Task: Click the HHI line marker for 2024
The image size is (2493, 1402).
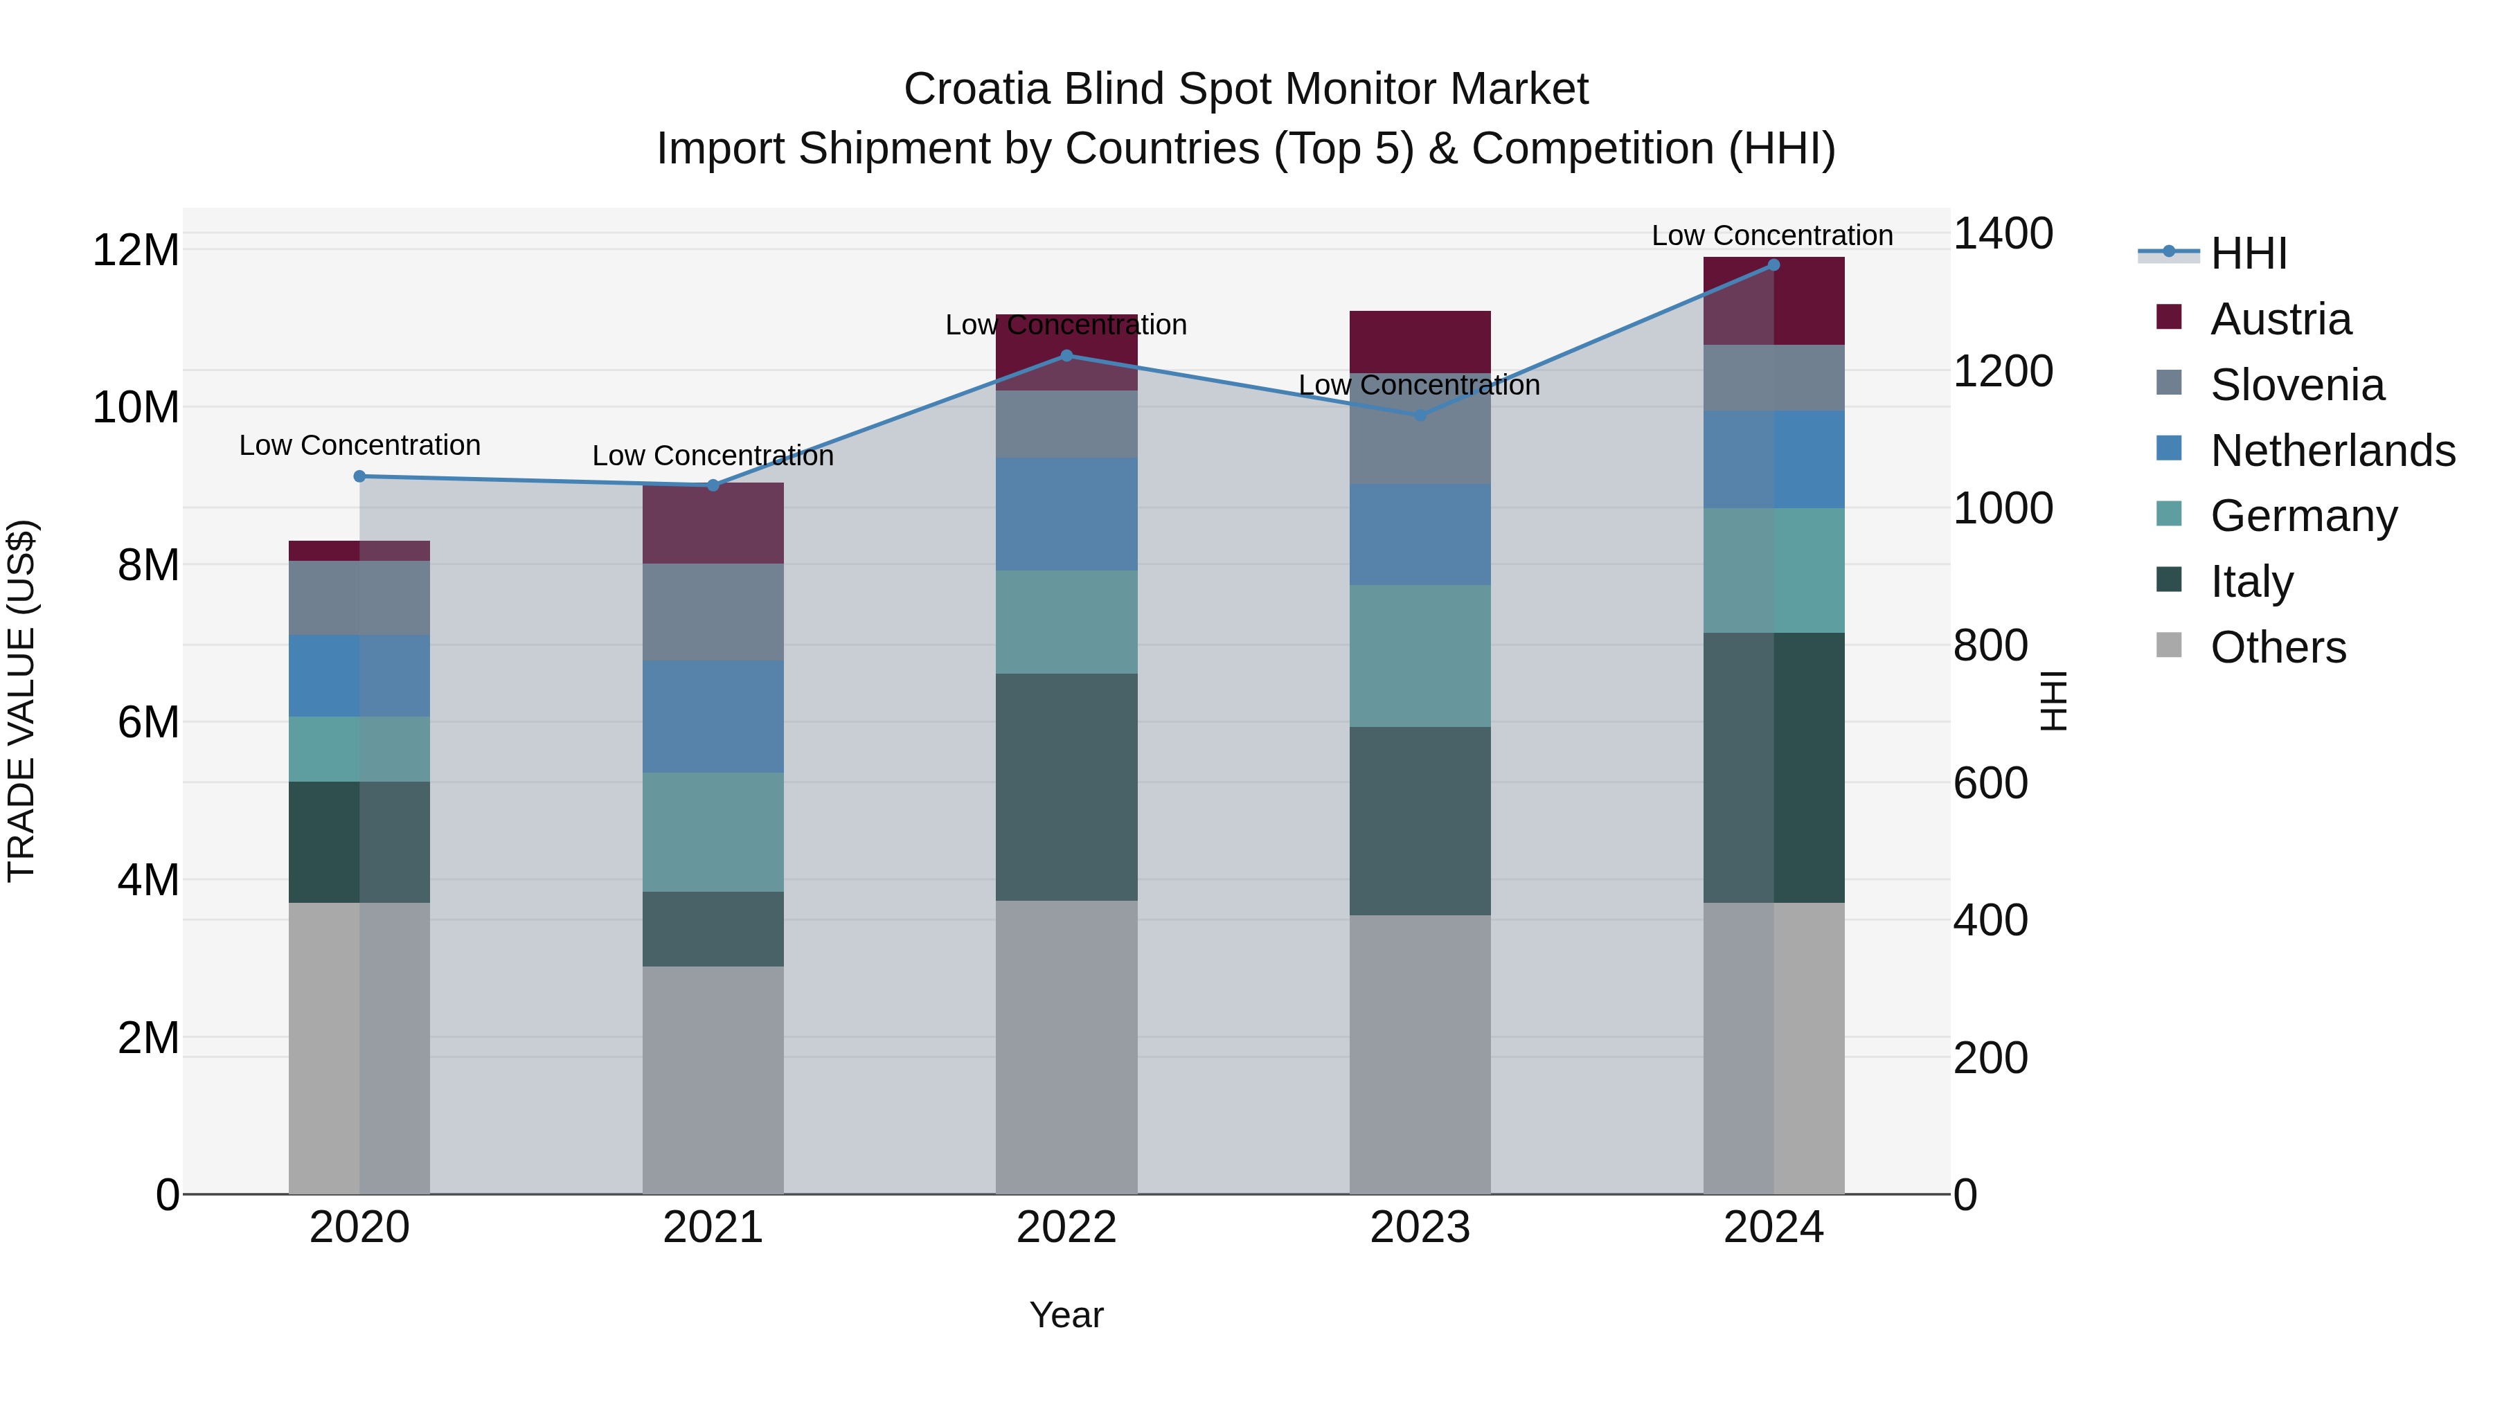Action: click(x=1773, y=265)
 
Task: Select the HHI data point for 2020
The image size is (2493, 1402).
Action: click(x=360, y=476)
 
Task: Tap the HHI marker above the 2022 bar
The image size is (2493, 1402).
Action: click(x=1066, y=355)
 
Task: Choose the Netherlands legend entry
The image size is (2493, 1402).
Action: click(x=2332, y=451)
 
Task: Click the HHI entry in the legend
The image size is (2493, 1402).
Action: click(x=2247, y=253)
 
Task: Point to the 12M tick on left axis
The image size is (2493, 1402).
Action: click(x=136, y=251)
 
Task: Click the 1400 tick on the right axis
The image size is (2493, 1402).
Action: click(x=2002, y=233)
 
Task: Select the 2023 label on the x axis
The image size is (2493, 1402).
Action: click(x=1420, y=1228)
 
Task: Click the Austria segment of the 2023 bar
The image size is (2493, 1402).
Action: click(x=1420, y=341)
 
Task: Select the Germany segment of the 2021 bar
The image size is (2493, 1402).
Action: click(x=713, y=832)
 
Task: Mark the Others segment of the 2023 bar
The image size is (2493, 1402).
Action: click(x=1420, y=1054)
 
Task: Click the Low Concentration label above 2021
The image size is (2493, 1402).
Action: click(x=713, y=456)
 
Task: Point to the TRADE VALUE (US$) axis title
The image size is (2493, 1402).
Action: click(x=21, y=701)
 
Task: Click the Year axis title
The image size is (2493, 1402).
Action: click(x=1066, y=1315)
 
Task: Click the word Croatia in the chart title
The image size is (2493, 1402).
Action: click(x=976, y=89)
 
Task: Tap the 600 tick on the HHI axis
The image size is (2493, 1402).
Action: click(x=1990, y=783)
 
